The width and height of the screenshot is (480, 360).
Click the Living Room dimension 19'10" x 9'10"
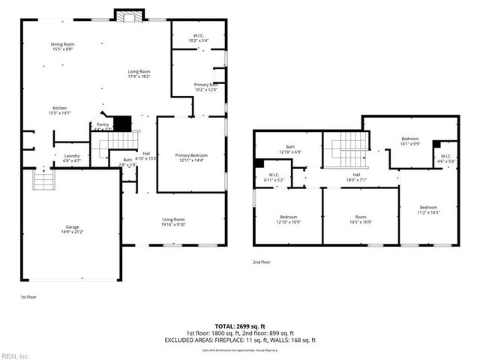[173, 223]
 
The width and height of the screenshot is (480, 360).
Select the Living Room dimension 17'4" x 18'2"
[139, 73]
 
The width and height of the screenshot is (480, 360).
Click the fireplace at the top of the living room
[125, 15]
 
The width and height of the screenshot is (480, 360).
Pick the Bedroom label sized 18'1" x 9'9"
[409, 140]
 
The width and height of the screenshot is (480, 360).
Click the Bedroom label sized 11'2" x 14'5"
[428, 209]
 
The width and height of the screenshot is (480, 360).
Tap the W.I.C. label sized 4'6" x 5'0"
[445, 158]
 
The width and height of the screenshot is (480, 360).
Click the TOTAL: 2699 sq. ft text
[240, 327]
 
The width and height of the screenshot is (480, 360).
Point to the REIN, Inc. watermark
[15, 355]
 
